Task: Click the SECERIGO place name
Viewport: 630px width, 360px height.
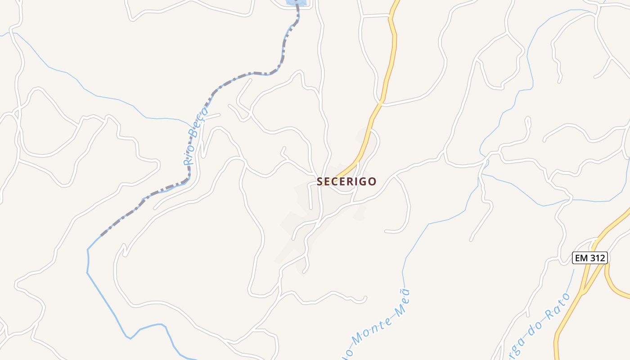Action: coord(346,181)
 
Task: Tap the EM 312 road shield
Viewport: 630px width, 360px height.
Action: coord(590,258)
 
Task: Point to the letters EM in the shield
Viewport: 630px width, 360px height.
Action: coord(581,258)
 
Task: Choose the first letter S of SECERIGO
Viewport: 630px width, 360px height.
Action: coord(320,181)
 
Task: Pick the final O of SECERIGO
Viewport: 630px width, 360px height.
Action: coord(372,181)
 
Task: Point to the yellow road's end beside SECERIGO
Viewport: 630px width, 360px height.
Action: coord(337,175)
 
